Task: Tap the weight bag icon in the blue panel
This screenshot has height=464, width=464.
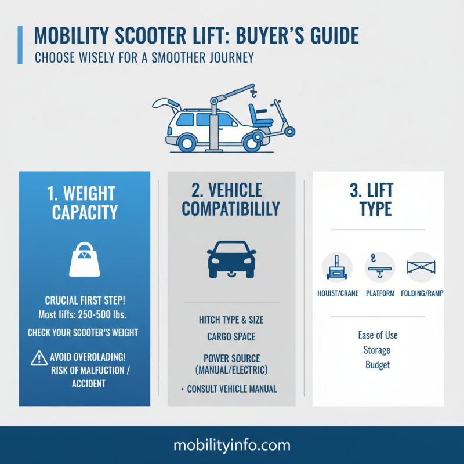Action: pos(85,259)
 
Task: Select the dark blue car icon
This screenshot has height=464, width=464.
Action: pos(231,258)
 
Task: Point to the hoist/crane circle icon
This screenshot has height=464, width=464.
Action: pos(336,267)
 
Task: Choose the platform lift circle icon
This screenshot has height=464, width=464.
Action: pos(379,267)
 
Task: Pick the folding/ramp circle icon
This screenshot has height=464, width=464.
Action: pos(422,267)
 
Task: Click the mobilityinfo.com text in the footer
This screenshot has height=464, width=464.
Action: pos(231,445)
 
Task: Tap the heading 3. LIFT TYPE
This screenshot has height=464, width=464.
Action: pos(378,198)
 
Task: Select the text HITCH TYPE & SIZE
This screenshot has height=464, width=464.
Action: pos(231,320)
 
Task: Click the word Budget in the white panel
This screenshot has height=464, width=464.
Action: pos(378,365)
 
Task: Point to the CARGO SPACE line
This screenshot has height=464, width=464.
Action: pos(231,336)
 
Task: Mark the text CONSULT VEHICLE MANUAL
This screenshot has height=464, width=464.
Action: pos(232,389)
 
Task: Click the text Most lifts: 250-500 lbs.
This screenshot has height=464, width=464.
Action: pos(85,315)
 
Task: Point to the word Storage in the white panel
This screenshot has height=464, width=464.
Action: pos(378,350)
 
